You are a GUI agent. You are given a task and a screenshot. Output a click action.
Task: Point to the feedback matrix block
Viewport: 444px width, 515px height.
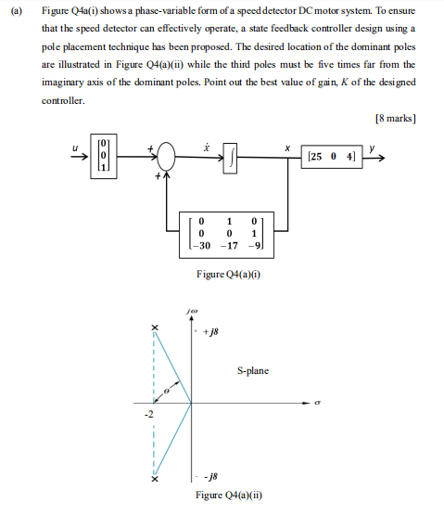tap(225, 234)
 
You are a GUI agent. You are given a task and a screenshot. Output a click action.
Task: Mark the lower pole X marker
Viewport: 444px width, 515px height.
tap(155, 480)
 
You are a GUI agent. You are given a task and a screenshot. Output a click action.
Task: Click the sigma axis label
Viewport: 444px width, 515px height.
tap(317, 404)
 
